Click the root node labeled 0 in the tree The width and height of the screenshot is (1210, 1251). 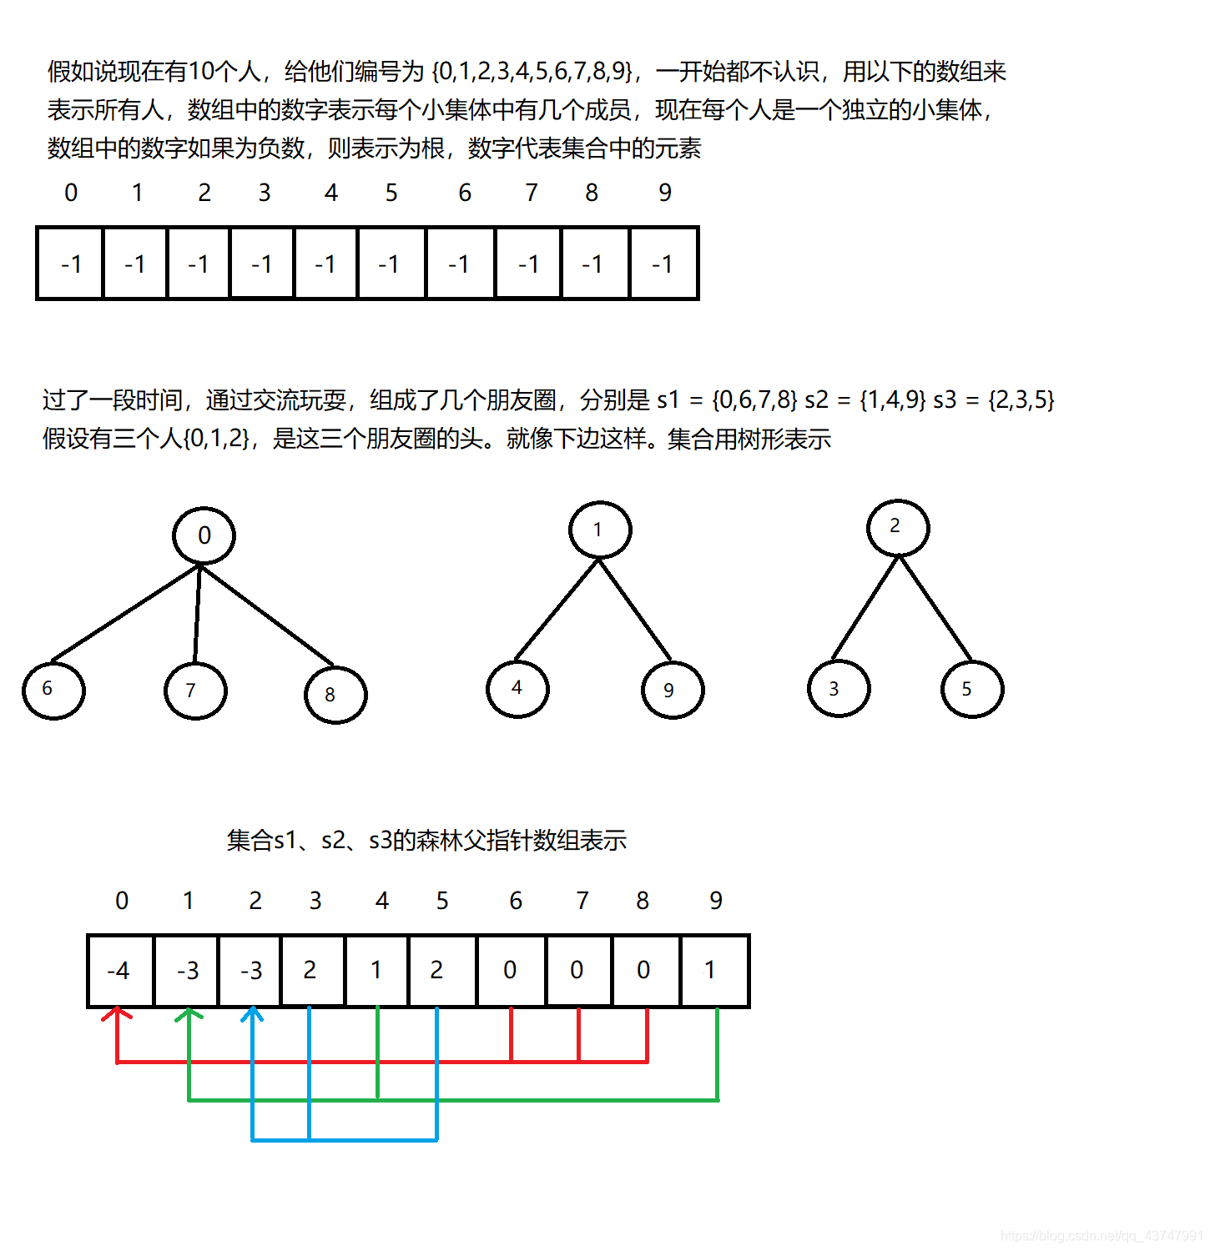(x=204, y=535)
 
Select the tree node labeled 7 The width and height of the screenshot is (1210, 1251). (x=195, y=691)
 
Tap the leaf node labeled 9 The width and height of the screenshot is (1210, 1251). (x=673, y=690)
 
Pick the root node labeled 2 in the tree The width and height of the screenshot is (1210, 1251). (x=898, y=527)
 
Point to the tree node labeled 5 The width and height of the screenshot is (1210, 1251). (x=972, y=689)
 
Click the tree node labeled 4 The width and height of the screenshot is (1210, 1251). (x=517, y=688)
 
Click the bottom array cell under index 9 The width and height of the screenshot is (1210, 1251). (x=715, y=971)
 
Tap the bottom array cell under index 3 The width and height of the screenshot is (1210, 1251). (x=313, y=971)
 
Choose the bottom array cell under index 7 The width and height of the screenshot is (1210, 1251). (x=578, y=971)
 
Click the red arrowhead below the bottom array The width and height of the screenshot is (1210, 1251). (x=117, y=1013)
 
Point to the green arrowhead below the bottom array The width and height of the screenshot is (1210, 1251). (x=189, y=1013)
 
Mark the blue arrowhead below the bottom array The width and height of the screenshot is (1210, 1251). (x=252, y=1013)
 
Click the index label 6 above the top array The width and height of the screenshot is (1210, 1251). (x=465, y=193)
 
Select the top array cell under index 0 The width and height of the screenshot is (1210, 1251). (x=70, y=264)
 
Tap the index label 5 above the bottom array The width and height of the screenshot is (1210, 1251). (x=442, y=901)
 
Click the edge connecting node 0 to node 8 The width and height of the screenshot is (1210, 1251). (x=267, y=615)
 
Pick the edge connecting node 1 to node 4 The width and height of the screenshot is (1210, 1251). (x=557, y=610)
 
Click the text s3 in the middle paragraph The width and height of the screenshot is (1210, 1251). (x=945, y=399)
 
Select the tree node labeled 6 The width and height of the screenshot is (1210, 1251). (x=53, y=691)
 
